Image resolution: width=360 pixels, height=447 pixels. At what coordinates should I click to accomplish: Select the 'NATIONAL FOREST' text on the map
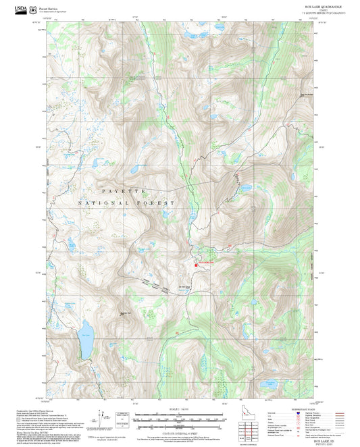point(127,203)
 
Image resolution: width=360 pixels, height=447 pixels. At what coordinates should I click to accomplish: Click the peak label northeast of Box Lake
point(124,312)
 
